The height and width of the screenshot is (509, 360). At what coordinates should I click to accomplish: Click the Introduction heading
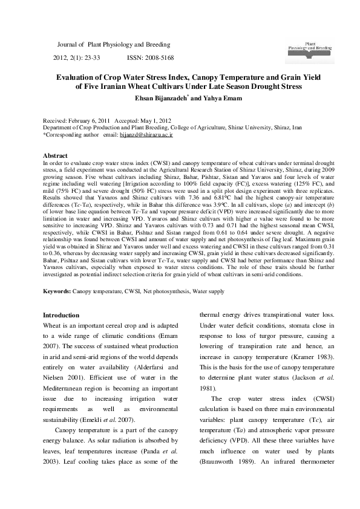pyautogui.click(x=62, y=315)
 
